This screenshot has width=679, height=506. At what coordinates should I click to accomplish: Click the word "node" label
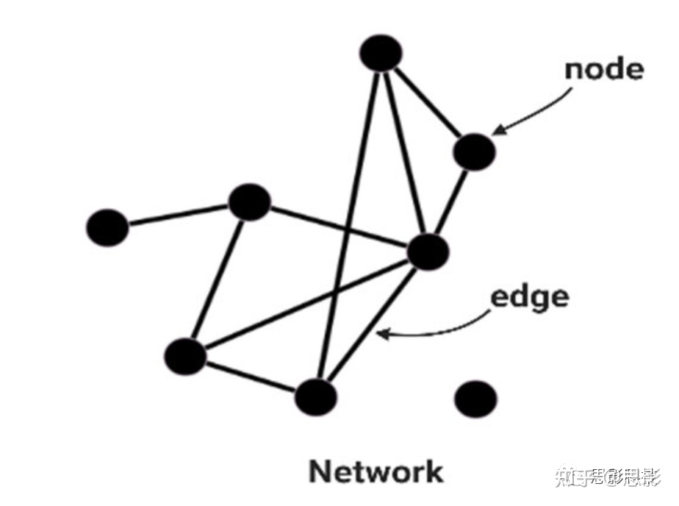point(603,69)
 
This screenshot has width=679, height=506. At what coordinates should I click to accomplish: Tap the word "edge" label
point(529,297)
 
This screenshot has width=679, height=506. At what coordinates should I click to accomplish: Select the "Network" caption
point(376,471)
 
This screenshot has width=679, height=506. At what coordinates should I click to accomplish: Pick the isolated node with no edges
point(475,399)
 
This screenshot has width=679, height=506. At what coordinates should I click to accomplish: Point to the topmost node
point(381,53)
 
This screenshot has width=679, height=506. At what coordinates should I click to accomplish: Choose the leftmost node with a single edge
point(107,227)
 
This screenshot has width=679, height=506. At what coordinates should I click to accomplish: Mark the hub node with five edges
point(427,252)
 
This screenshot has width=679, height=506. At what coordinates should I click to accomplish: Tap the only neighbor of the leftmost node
point(250,203)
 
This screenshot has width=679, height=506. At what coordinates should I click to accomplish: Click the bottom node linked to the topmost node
point(316,397)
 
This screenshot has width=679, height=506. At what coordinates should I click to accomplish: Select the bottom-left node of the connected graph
point(185,357)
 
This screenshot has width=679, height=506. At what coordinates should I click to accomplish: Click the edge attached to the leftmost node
point(179,215)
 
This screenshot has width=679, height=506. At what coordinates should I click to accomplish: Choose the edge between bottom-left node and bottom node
point(250,377)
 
